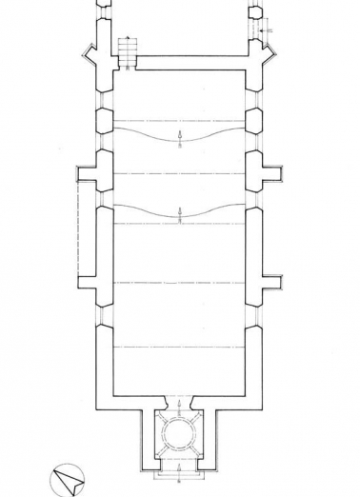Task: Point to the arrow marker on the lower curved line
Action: pyautogui.click(x=180, y=212)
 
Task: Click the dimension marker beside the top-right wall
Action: pyautogui.click(x=270, y=31)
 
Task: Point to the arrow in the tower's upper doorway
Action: pyautogui.click(x=180, y=403)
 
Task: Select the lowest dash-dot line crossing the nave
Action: pyautogui.click(x=180, y=347)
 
